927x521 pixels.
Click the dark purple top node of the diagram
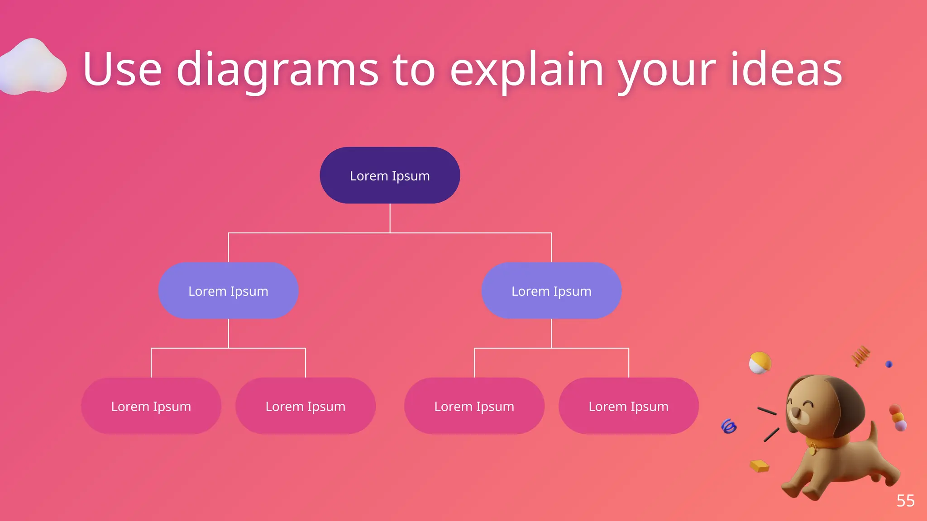(390, 175)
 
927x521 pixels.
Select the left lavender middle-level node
(228, 291)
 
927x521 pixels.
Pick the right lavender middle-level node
(551, 291)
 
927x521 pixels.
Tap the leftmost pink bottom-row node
(151, 406)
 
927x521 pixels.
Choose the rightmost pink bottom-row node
(628, 406)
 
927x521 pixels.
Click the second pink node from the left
(305, 406)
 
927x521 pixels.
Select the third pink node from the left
(474, 406)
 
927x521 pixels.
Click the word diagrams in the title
(277, 70)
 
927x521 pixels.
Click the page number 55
(905, 501)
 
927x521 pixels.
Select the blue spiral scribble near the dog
(729, 426)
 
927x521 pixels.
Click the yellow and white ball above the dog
(760, 363)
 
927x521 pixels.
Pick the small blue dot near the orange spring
(889, 364)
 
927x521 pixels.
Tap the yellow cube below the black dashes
(760, 466)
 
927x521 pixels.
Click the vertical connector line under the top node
(390, 218)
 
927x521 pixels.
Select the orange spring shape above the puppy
(860, 355)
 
